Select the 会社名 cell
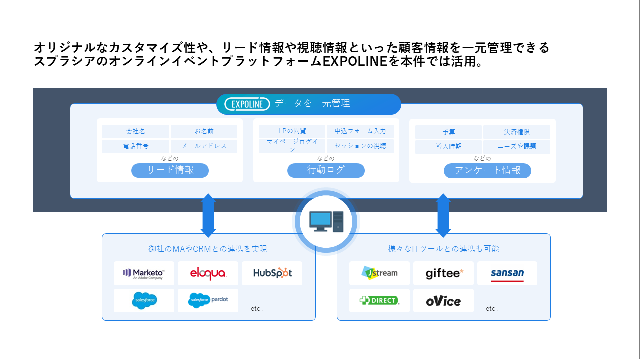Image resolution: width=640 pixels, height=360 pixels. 136,132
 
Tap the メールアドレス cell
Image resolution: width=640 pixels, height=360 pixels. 204,146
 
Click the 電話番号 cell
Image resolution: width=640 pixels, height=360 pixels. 136,146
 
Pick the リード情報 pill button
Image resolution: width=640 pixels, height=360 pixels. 170,170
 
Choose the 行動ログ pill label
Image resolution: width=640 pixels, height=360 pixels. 326,170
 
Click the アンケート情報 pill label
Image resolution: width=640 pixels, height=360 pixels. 487,171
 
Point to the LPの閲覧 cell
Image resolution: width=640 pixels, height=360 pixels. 292,131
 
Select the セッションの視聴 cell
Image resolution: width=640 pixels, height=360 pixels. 360,146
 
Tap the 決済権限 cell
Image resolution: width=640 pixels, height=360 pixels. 516,132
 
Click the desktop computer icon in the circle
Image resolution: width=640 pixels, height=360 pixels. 326,221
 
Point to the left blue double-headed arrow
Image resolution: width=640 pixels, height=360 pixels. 208,215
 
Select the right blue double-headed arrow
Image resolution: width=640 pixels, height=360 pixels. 443,215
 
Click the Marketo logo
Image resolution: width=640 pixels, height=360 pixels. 144,273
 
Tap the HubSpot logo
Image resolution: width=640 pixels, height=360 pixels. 272,273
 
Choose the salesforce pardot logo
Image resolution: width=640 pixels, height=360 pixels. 208,300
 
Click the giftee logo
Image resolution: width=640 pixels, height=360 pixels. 443,273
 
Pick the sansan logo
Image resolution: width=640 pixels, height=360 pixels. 507,273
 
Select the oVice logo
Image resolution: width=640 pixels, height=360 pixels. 443,301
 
